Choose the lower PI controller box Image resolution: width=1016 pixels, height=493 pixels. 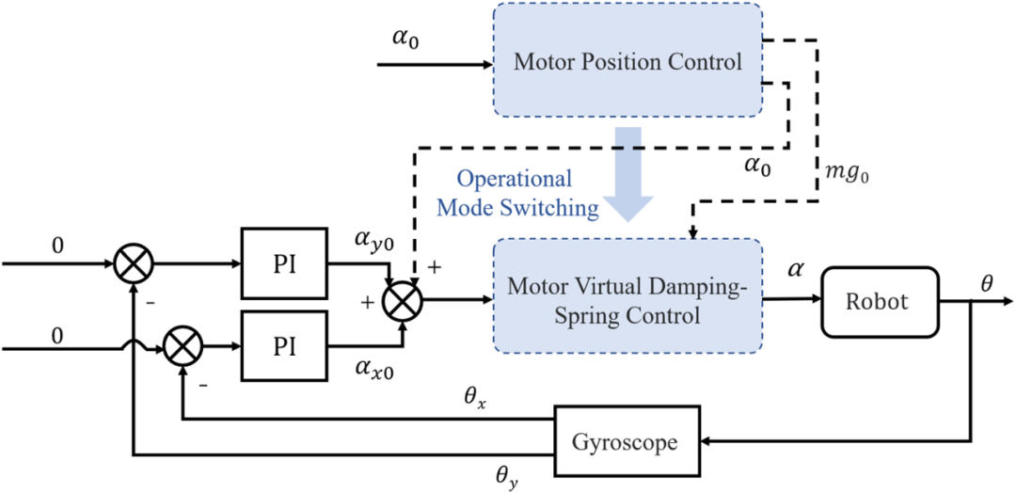point(285,346)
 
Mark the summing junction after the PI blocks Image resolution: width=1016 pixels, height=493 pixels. point(405,301)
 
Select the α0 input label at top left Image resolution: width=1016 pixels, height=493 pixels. point(406,41)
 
